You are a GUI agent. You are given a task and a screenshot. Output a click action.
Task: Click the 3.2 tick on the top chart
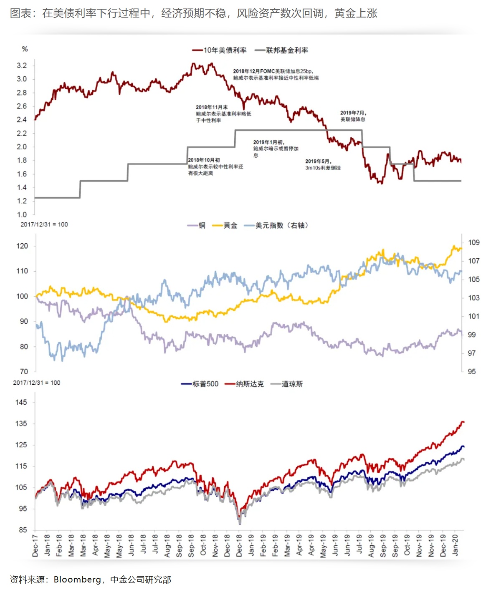point(22,66)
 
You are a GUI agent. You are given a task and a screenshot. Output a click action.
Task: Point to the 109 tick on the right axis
point(473,242)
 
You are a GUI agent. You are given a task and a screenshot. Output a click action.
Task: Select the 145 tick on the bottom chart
point(21,402)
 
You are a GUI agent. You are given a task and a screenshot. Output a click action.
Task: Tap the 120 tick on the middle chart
point(22,246)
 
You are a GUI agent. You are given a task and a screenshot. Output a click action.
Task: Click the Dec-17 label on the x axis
point(35,546)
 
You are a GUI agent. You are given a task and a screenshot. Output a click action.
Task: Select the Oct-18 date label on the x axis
point(203,545)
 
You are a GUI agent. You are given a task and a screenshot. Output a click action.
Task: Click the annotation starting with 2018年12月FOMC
point(275,74)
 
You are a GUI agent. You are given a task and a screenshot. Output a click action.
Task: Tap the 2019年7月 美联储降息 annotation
point(353,116)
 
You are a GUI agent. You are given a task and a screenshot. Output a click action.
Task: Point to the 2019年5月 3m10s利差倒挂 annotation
point(323,164)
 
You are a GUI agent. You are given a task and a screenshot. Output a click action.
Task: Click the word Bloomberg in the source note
point(77,580)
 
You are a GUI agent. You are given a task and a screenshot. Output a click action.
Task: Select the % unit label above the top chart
point(25,49)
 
